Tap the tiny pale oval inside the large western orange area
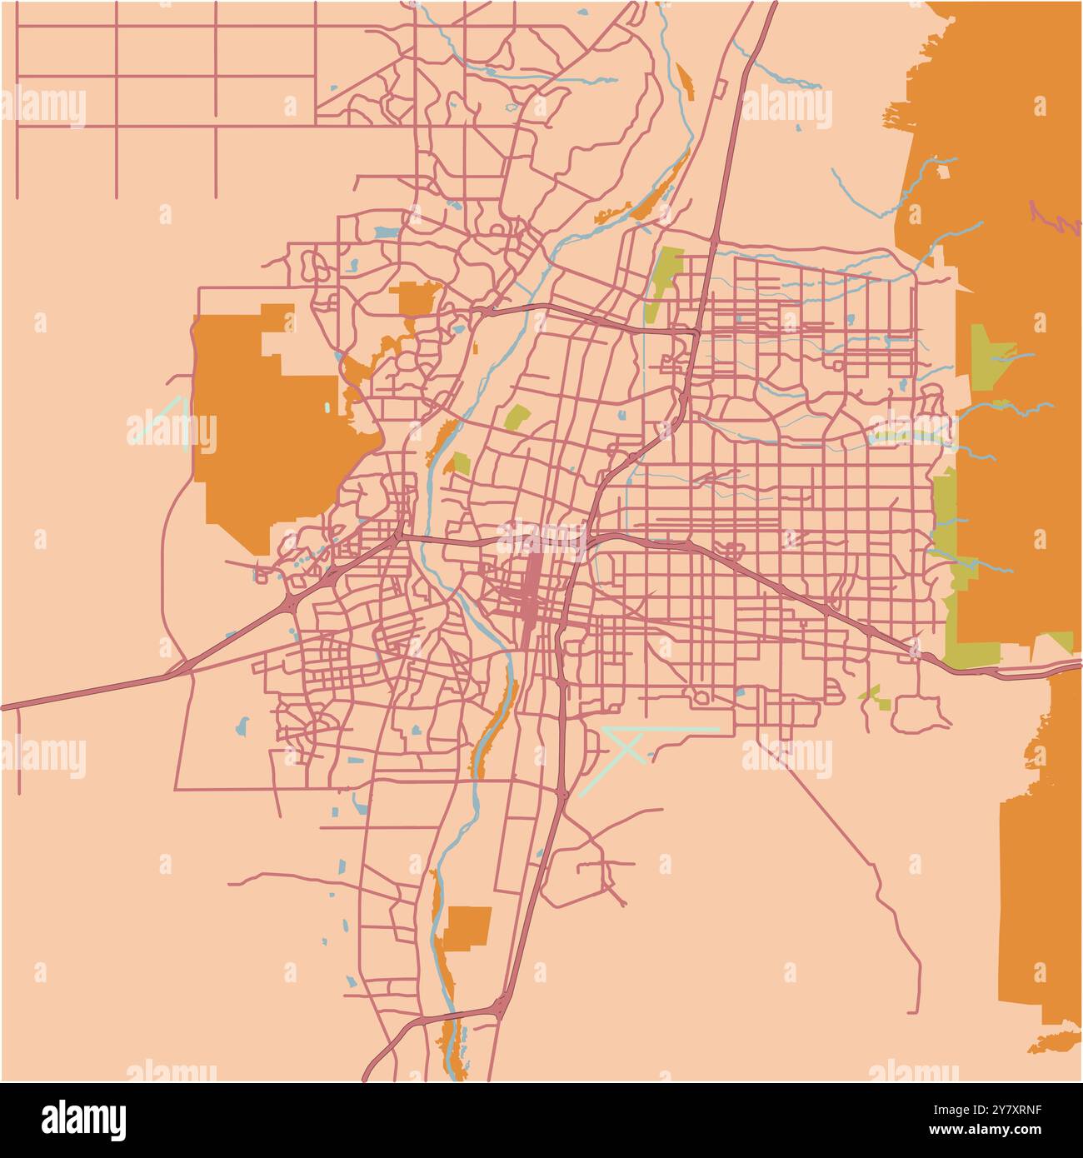(327, 409)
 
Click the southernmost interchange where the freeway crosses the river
(500, 1008)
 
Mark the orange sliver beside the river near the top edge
(685, 79)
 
